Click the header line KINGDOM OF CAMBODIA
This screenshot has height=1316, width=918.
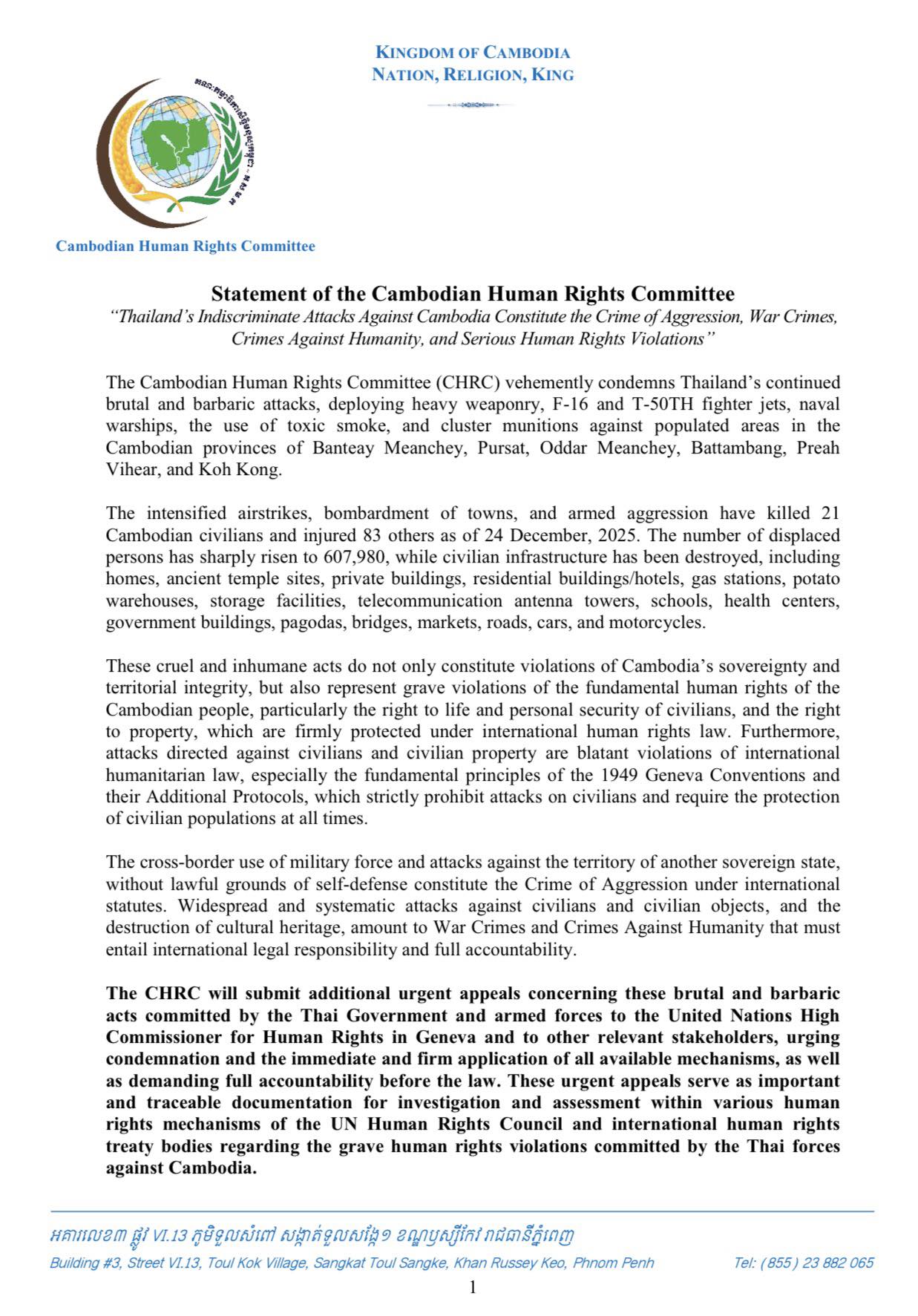pos(473,53)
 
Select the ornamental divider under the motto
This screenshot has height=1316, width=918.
pos(472,105)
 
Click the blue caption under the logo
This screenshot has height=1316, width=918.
pos(186,246)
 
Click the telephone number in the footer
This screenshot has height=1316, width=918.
pos(803,1263)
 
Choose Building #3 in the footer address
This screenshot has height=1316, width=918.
pos(83,1263)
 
